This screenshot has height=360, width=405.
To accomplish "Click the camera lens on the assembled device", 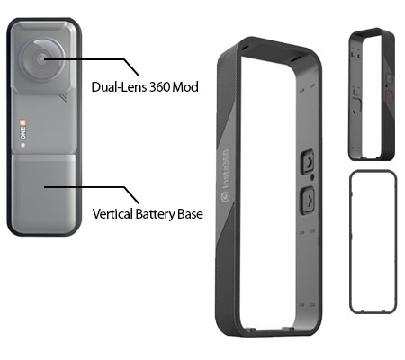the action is (x=42, y=59).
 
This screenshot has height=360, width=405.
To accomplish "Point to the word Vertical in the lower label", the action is (x=112, y=214).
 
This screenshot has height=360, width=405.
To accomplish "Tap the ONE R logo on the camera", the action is (x=23, y=130).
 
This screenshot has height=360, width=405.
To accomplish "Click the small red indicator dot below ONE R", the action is (x=22, y=145).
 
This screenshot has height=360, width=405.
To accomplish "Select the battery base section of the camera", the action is (x=44, y=192).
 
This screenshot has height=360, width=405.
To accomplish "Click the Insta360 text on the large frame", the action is (x=226, y=169).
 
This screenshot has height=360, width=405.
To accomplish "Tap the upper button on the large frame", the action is (x=307, y=162).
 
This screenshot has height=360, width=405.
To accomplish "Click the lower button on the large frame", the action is (x=308, y=200).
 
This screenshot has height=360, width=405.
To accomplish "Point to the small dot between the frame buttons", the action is (x=312, y=177).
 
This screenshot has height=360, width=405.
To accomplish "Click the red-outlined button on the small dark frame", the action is (x=390, y=97).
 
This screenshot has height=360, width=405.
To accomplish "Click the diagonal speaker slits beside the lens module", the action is (x=63, y=98).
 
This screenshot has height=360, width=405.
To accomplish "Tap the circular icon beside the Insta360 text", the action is (x=225, y=197).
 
